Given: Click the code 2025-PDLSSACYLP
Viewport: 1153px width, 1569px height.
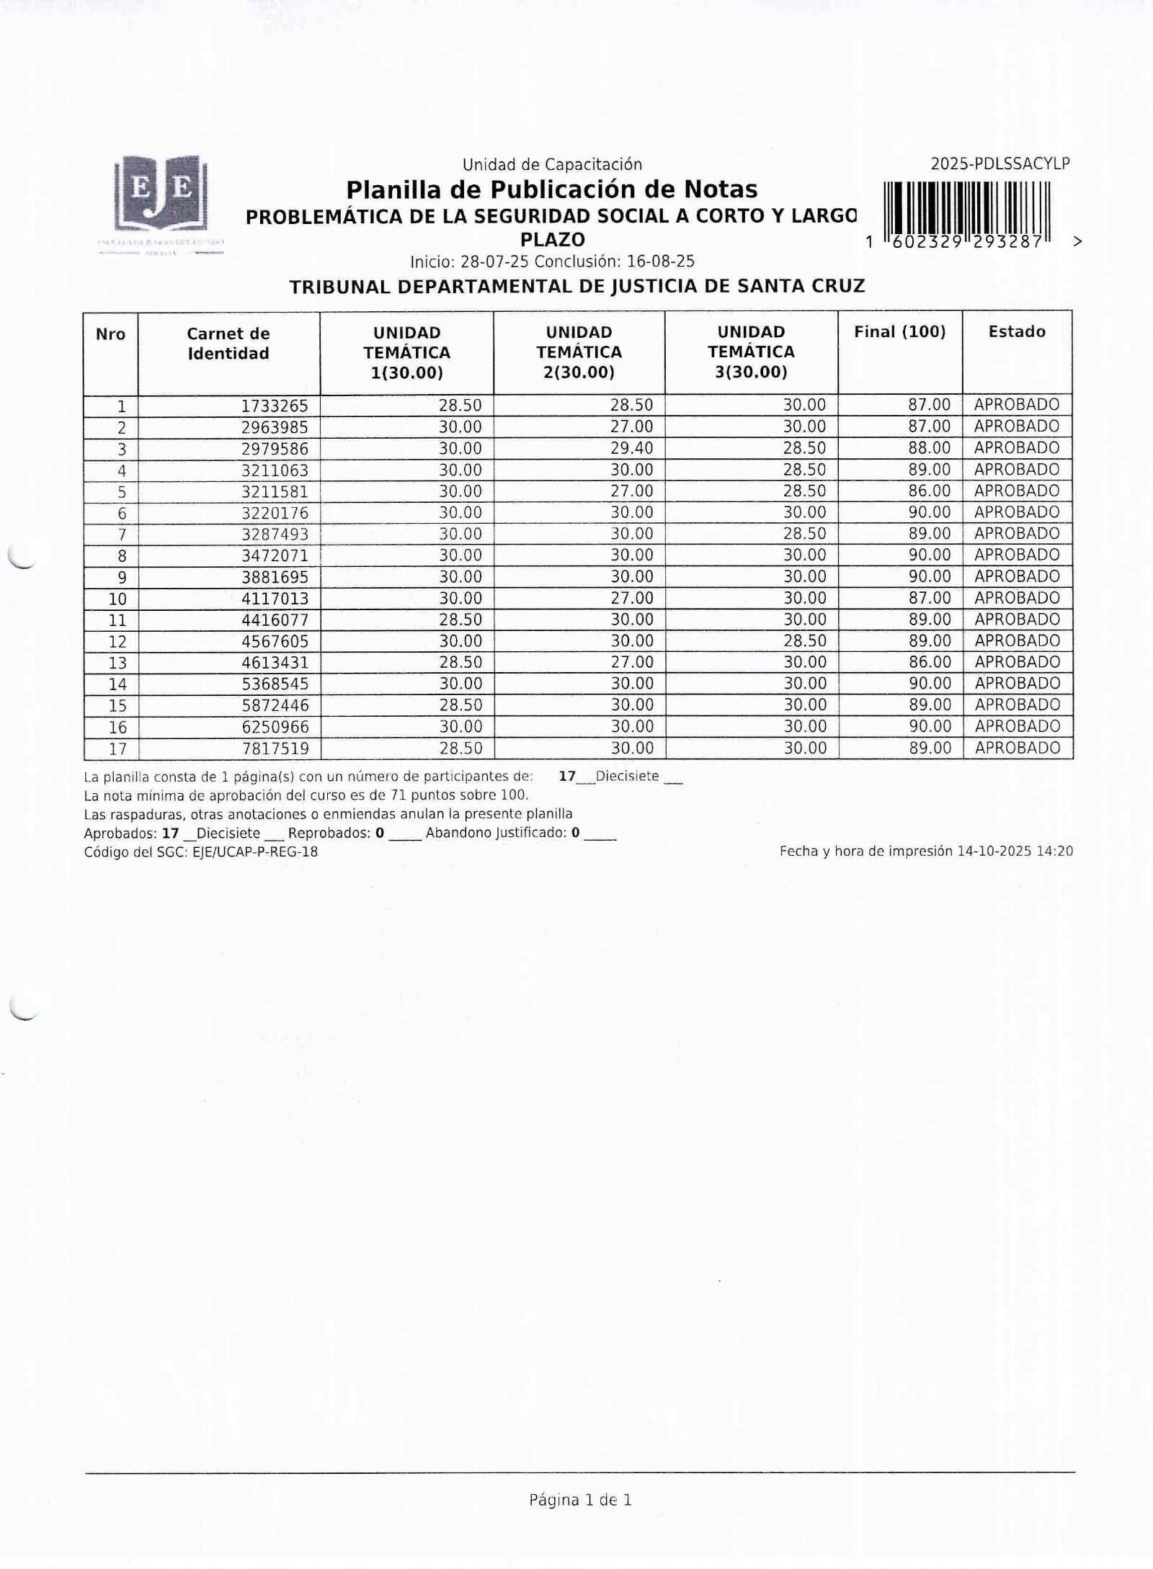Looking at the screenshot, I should (x=1000, y=164).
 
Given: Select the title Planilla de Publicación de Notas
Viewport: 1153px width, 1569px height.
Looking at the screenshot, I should (x=551, y=190).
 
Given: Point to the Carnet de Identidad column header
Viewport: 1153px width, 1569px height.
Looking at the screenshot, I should (x=228, y=344).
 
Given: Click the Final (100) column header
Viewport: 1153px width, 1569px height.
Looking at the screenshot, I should (x=899, y=332).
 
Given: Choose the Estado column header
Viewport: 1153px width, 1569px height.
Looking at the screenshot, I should (x=1016, y=332).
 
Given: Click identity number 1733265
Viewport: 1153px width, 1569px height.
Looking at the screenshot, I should (x=275, y=406).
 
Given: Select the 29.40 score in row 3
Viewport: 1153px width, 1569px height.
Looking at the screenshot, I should (x=631, y=449).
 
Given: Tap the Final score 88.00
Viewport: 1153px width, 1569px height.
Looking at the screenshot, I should (x=929, y=448).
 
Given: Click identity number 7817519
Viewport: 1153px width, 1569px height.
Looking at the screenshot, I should (x=275, y=749).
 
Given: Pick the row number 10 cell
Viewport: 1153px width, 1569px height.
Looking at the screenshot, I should (x=117, y=599).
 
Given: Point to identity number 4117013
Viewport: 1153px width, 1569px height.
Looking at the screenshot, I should (x=275, y=599).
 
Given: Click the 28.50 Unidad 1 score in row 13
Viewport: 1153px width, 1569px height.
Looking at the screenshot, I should (x=460, y=663).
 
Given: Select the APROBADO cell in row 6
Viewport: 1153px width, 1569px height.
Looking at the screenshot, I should (x=1016, y=512).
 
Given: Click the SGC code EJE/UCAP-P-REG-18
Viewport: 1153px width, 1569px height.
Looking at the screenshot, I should (x=255, y=852).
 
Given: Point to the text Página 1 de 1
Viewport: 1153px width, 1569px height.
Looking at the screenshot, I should (x=580, y=1500).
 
